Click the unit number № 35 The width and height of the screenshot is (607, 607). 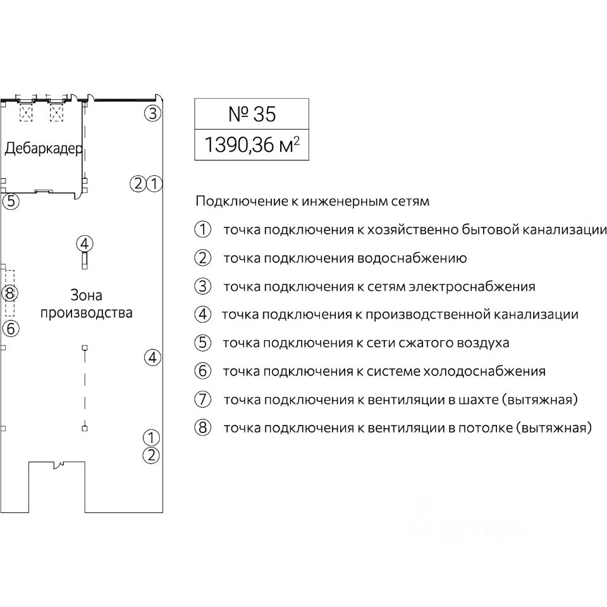[252, 114]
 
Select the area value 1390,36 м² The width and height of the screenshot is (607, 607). [252, 146]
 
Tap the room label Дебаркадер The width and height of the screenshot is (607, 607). [44, 149]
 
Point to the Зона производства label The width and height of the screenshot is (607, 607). [86, 304]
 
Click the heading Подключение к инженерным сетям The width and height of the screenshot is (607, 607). [312, 202]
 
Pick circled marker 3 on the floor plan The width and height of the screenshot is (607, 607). [152, 114]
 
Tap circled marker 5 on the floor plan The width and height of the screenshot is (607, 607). [10, 202]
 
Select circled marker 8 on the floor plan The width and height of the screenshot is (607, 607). [9, 293]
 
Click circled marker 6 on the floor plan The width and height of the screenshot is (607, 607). [10, 329]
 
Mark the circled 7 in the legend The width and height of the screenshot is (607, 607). [202, 400]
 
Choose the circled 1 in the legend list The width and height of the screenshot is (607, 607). [202, 230]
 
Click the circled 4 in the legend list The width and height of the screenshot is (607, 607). [202, 314]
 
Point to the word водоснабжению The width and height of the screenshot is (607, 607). [412, 258]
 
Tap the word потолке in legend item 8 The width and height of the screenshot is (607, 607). [486, 428]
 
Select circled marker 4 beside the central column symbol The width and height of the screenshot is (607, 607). [85, 243]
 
